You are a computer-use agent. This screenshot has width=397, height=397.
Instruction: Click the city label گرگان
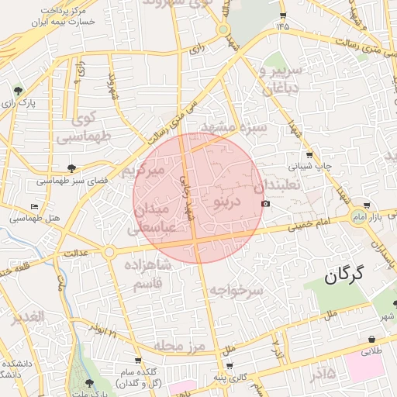[345, 274]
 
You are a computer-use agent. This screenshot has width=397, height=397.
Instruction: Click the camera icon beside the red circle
[267, 204]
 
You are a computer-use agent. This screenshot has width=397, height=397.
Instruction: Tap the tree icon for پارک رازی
[16, 90]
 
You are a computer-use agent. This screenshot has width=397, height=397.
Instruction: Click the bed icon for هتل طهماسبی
[33, 206]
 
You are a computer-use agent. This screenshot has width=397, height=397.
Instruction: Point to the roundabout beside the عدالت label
[109, 252]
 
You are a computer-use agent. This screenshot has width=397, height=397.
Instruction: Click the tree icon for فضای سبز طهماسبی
[72, 167]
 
